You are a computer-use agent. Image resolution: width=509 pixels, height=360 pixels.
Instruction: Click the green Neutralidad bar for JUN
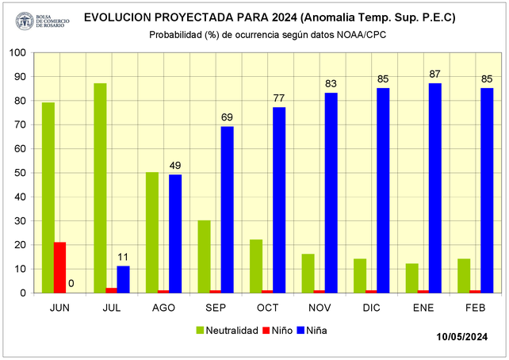[48, 197]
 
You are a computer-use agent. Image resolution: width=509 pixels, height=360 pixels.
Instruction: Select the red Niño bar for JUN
[60, 267]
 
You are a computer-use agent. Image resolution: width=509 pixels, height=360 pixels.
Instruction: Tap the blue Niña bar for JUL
[123, 279]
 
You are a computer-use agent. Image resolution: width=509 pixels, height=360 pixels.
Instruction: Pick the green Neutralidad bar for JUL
[100, 188]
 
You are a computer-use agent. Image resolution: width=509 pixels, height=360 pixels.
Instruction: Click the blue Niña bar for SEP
[228, 209]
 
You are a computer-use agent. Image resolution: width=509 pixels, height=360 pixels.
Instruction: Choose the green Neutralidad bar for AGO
[152, 232]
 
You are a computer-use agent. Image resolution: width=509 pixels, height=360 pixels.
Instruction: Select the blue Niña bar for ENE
[435, 188]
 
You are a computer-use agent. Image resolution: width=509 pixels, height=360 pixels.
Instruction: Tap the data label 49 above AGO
[175, 165]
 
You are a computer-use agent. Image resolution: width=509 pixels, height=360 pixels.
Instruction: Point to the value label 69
[228, 117]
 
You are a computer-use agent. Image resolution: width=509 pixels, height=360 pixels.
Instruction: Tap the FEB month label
[475, 307]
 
